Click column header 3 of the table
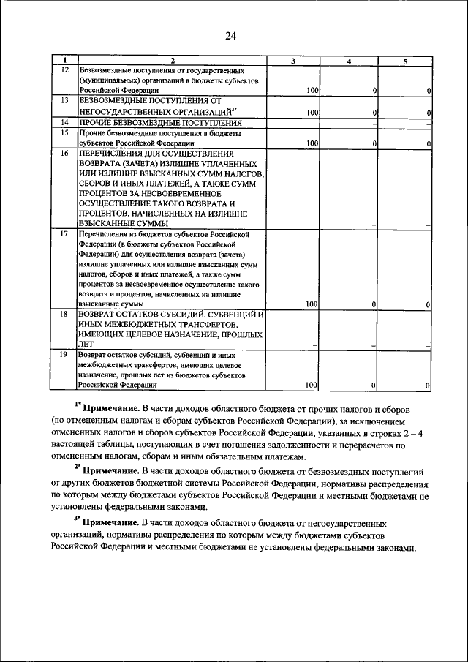[292, 61]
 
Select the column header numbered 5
[404, 61]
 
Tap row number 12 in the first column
[64, 69]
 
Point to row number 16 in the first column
[64, 154]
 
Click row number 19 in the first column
[64, 354]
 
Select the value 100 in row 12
[312, 90]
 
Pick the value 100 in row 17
[312, 304]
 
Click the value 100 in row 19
[312, 385]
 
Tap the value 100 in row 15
[312, 144]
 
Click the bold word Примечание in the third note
[110, 523]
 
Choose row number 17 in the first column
[64, 233]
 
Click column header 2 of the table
[173, 61]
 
